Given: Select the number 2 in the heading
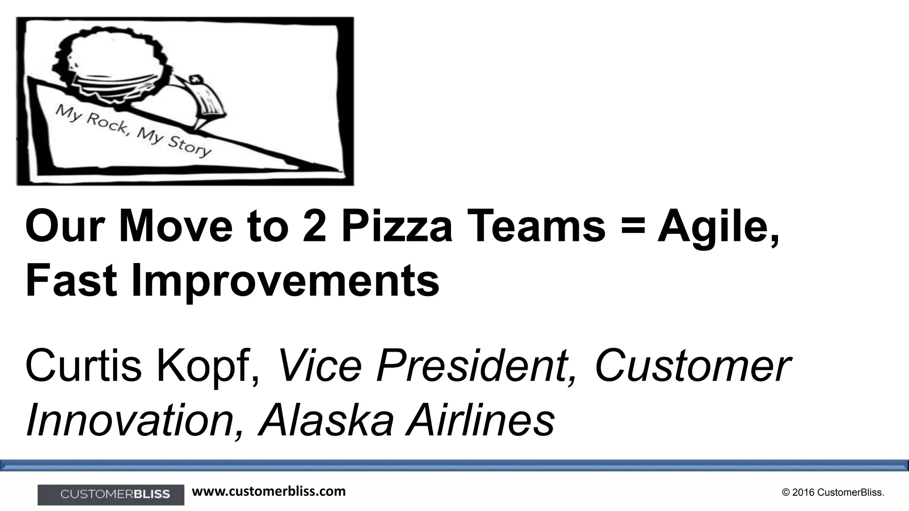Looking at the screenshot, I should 316,227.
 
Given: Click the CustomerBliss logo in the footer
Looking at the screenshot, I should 111,494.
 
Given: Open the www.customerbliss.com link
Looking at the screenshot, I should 269,491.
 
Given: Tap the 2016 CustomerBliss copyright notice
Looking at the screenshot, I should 833,492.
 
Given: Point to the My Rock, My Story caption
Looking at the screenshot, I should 133,132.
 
